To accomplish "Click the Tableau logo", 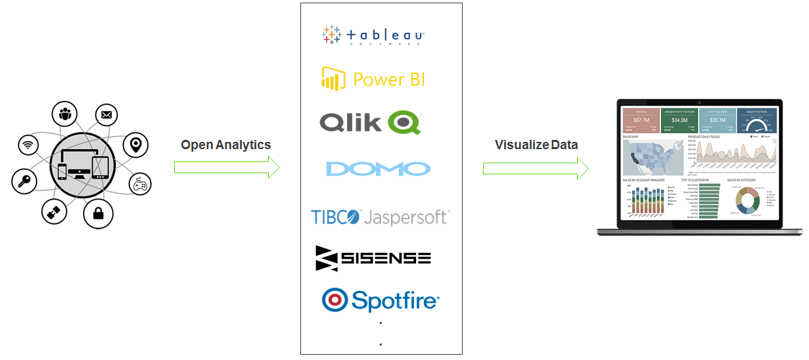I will point(373,35).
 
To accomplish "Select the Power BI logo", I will point(373,79).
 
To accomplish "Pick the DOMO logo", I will point(378,168).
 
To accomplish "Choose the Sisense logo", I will point(373,258).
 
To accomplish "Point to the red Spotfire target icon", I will point(335,300).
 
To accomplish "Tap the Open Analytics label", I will point(225,145).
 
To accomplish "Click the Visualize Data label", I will point(536,145).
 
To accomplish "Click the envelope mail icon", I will point(106,116).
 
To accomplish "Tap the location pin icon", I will point(135,145).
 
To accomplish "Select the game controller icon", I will point(140,185).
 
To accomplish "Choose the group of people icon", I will point(65,114).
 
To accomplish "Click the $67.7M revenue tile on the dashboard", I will point(641,121).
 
